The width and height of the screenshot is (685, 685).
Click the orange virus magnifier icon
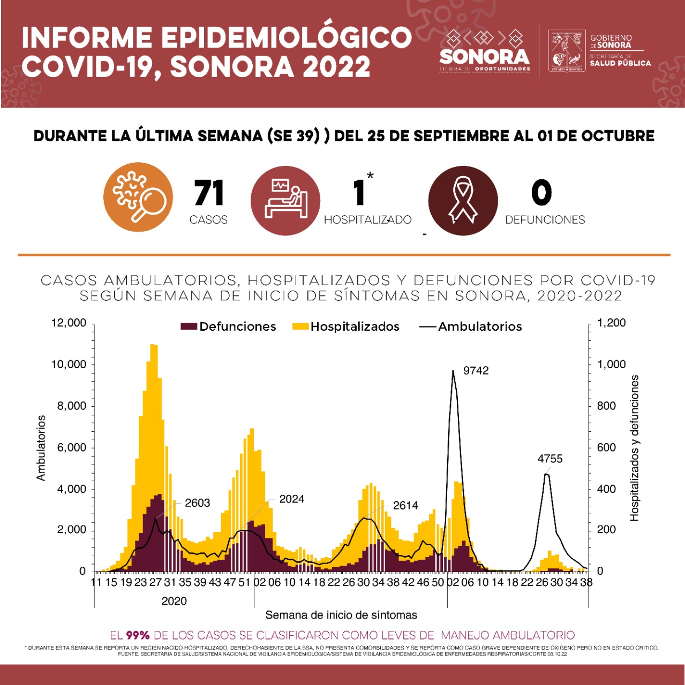point(138,197)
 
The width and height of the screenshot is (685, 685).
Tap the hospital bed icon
point(285,200)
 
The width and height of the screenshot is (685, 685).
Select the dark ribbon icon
point(463,201)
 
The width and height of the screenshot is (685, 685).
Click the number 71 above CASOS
point(208,193)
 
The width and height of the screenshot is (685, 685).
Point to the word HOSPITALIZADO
point(367,220)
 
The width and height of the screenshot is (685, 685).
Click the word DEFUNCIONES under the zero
point(545,220)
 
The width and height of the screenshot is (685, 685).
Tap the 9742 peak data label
point(476,371)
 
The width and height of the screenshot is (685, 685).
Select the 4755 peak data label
point(550,459)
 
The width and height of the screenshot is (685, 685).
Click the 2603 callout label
point(197,503)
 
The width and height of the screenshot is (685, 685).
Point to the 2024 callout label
point(291,499)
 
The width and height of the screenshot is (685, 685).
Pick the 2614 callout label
point(405,506)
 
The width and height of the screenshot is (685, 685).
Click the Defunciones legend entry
point(229,326)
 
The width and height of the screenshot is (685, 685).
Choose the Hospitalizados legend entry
point(346,326)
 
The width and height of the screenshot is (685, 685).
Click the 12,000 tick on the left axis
point(69,323)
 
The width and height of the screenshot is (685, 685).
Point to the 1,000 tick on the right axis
point(611,364)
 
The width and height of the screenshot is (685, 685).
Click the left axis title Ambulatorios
point(41,447)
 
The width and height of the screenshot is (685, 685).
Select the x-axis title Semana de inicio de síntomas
point(341,615)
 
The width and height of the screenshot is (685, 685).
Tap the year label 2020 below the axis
point(174,601)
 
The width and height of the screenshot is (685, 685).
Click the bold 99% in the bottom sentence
point(138,635)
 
